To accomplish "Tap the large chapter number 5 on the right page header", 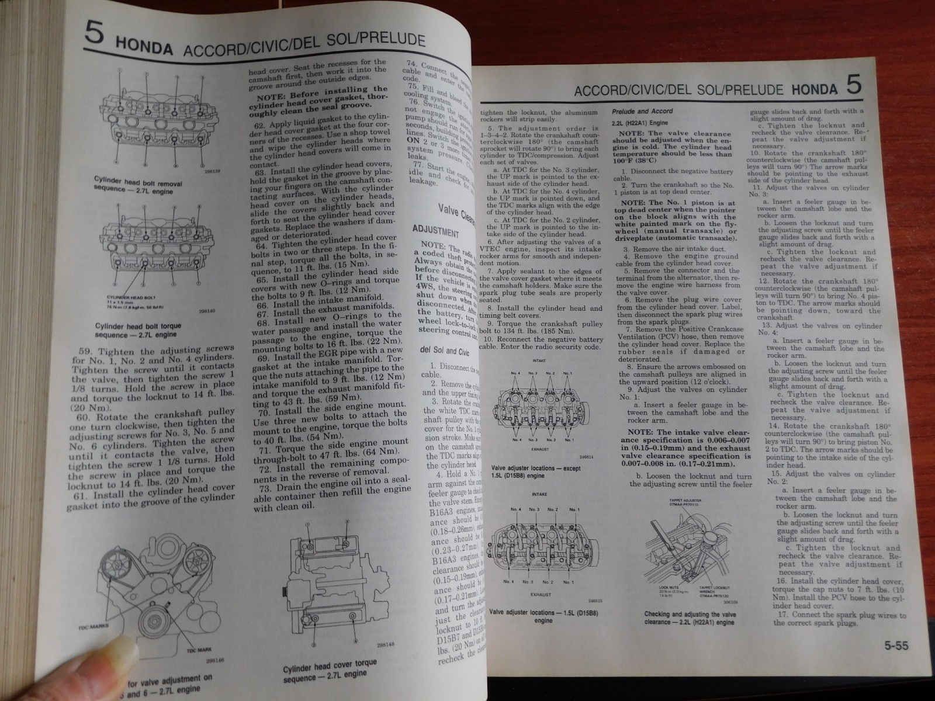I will click(x=853, y=86).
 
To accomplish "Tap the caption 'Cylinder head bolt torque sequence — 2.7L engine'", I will click(x=138, y=332).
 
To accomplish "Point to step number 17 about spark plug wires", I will click(x=781, y=615).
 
